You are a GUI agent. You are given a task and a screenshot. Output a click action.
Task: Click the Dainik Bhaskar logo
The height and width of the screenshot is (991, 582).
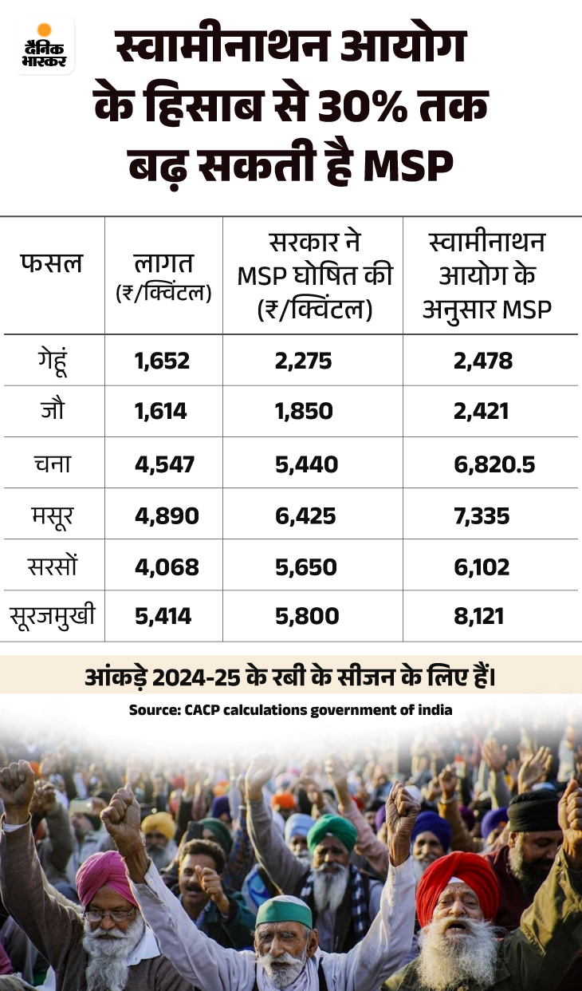click(x=45, y=45)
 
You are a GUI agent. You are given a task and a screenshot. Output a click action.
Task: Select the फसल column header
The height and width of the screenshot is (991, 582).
click(x=50, y=263)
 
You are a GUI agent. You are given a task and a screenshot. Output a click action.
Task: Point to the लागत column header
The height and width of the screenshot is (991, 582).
click(x=163, y=275)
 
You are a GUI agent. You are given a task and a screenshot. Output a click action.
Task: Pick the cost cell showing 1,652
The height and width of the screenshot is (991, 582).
click(x=163, y=361)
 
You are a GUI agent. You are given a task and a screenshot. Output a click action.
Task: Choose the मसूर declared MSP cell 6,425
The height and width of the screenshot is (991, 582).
click(x=305, y=515)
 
